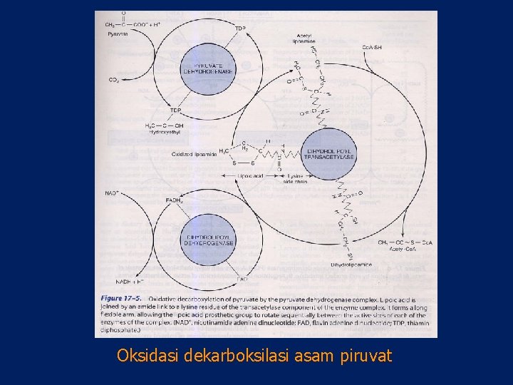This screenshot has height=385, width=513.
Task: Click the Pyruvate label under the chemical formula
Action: point(118,34)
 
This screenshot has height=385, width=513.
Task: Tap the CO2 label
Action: point(114,80)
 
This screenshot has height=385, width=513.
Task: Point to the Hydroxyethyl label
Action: point(165,132)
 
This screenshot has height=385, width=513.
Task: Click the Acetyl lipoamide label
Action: point(304,38)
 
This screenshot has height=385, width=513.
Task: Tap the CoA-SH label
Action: point(371,48)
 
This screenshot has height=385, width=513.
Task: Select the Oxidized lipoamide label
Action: point(194,154)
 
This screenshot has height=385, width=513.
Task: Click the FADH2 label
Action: point(174,201)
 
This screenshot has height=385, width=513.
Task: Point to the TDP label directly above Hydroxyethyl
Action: point(175,111)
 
